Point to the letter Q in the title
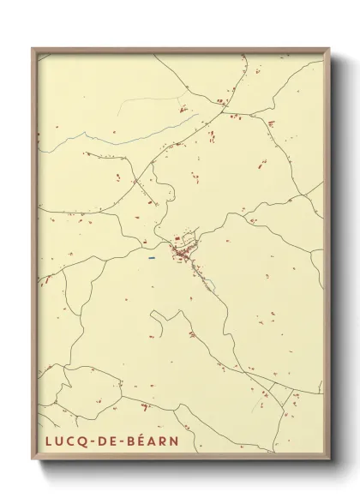pos(78,442)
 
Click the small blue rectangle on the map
pos(151,257)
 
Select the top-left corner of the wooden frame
pos(33,49)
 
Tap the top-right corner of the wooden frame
pos(329,49)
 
